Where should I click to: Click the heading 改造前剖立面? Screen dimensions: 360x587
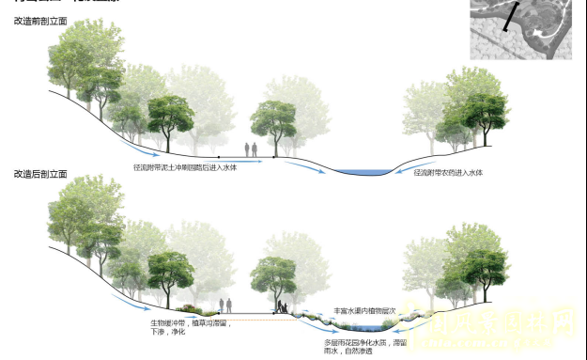click(x=40, y=20)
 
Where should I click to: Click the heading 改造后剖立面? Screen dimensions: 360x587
click(x=40, y=175)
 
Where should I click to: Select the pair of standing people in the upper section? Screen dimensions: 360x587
click(x=251, y=149)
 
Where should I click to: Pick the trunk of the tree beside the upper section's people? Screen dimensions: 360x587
click(x=276, y=144)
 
